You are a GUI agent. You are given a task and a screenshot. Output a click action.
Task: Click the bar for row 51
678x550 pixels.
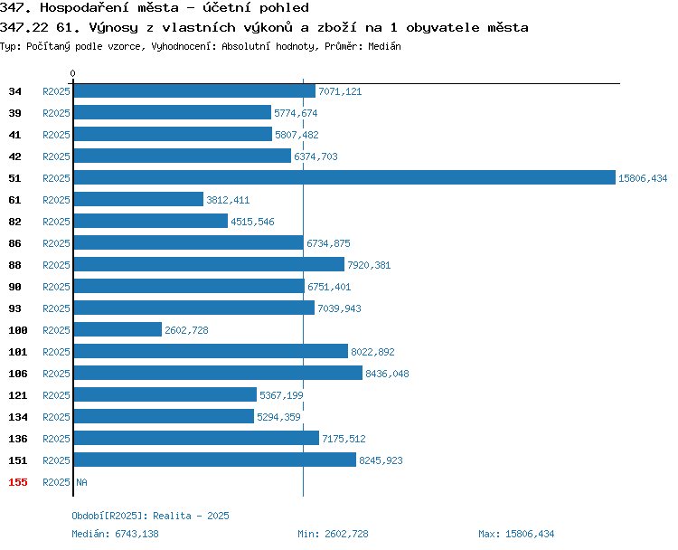click(344, 177)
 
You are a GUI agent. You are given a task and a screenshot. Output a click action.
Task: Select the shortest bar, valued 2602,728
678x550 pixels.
click(118, 329)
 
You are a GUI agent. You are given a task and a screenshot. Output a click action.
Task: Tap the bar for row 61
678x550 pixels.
click(138, 199)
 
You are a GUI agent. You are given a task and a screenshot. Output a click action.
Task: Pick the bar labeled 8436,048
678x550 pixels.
click(218, 373)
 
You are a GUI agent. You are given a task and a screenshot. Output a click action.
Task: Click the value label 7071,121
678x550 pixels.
click(340, 91)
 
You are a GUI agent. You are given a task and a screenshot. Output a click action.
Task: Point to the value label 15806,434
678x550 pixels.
click(643, 178)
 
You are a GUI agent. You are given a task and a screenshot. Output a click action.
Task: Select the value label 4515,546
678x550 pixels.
click(252, 222)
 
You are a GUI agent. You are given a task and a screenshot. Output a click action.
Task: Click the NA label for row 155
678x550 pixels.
click(81, 482)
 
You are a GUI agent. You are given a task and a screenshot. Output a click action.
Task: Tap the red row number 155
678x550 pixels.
click(18, 482)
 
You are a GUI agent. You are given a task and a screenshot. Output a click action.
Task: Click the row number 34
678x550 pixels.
click(14, 91)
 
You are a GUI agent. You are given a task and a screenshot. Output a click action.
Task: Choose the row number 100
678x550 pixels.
click(18, 330)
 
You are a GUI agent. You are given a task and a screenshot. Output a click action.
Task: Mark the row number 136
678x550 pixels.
click(18, 439)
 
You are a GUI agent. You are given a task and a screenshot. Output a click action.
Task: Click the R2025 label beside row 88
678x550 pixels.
click(56, 265)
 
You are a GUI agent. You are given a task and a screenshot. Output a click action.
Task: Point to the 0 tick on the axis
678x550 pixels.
click(72, 73)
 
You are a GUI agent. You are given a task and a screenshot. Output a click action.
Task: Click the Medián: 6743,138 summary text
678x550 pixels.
click(115, 534)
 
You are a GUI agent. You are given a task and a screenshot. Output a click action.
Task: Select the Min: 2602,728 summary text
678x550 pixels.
click(333, 534)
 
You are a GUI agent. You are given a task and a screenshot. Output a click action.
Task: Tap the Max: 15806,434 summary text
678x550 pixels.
click(516, 534)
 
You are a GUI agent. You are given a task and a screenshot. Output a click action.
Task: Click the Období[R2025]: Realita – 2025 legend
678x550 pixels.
click(150, 516)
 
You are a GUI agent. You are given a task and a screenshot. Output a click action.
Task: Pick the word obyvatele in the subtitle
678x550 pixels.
click(443, 28)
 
